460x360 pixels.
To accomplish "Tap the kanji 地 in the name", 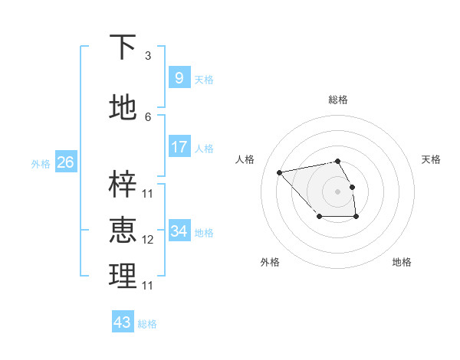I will tap(123, 108).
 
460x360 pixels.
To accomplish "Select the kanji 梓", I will tap(123, 185).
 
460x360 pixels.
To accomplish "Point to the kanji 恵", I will tap(123, 230).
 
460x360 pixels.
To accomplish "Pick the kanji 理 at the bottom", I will tap(123, 277).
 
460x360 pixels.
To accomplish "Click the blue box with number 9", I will tap(179, 77).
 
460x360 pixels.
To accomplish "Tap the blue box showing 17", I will tap(179, 146).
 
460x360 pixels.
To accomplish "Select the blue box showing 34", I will tap(179, 231).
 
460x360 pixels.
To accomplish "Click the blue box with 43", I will tap(123, 322).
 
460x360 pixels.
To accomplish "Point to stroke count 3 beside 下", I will tap(148, 56).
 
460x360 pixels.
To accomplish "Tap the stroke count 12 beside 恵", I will tap(148, 240).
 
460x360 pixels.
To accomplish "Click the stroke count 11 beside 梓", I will tap(148, 194).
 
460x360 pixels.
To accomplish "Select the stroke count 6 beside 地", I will tap(148, 117).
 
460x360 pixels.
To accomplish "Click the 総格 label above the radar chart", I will tap(337, 100).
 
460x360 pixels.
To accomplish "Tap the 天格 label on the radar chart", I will tap(431, 159).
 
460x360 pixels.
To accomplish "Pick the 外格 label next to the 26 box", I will tap(41, 163).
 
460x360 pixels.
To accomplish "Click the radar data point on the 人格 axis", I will tap(279, 172).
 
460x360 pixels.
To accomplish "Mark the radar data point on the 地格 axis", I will tap(356, 218).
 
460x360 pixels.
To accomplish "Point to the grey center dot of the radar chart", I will tap(337, 191).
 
